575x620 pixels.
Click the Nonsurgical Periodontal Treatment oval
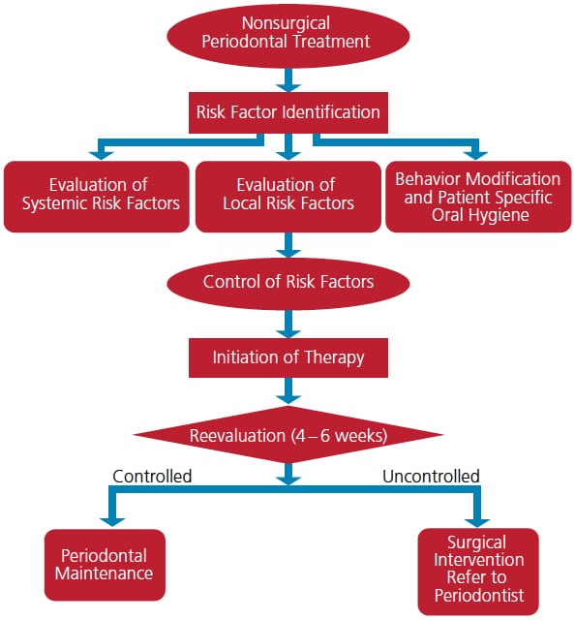click(288, 36)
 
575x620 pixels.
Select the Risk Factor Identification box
click(288, 112)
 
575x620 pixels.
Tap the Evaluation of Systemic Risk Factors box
click(97, 197)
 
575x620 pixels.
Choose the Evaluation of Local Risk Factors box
click(288, 197)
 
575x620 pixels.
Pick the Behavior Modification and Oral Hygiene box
click(478, 197)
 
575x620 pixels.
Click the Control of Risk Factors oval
click(288, 283)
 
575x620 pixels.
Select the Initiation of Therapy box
click(288, 357)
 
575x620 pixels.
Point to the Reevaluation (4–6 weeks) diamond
click(288, 434)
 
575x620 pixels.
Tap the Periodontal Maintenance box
click(105, 565)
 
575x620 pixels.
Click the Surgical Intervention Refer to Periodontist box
click(478, 572)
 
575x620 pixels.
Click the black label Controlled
click(152, 476)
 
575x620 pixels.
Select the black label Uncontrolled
click(431, 476)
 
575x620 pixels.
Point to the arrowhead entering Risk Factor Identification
click(288, 87)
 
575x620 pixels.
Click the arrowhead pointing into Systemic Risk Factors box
click(102, 156)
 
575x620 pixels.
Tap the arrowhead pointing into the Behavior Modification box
click(475, 156)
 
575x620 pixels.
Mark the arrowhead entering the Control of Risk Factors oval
click(288, 253)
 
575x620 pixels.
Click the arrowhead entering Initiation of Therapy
click(288, 333)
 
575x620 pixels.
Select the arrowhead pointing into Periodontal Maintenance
click(112, 522)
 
